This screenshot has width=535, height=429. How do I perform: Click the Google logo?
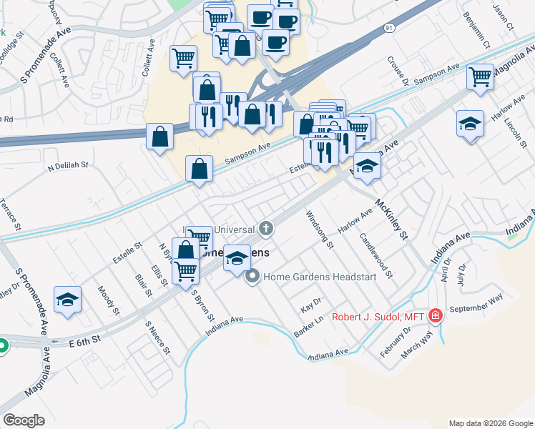click(x=24, y=420)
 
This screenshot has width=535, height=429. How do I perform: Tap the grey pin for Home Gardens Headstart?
click(x=252, y=276)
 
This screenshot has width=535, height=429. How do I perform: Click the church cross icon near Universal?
click(x=266, y=229)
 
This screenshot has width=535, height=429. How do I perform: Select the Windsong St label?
click(x=320, y=230)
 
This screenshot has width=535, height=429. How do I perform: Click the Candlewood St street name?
click(x=377, y=255)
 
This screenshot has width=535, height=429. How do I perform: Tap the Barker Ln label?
click(x=309, y=330)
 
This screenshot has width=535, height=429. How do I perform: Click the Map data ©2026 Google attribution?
click(x=490, y=423)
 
